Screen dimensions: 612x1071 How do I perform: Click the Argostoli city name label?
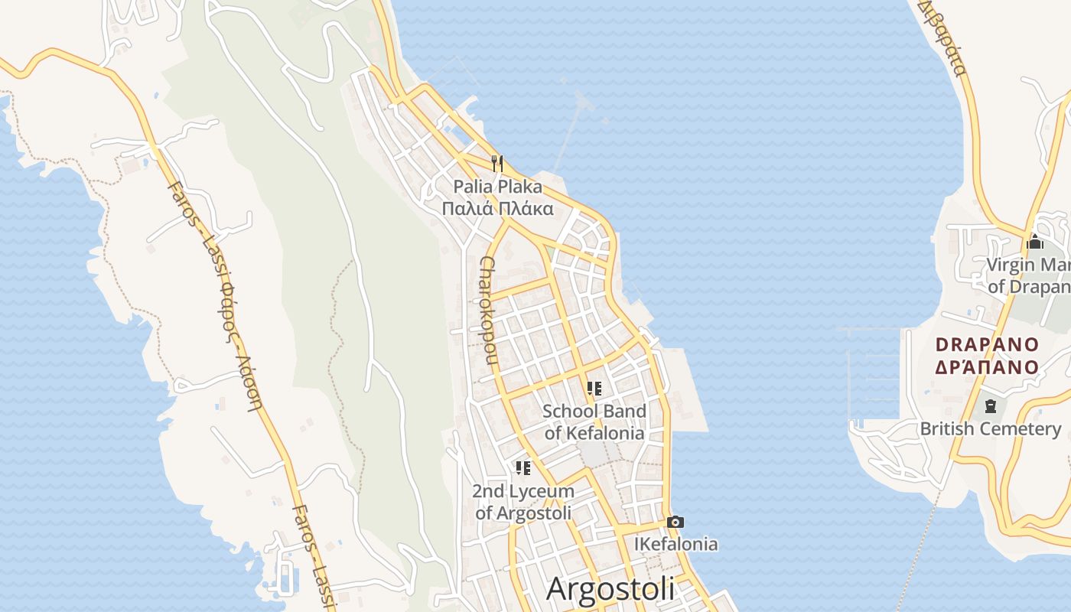point(610,588)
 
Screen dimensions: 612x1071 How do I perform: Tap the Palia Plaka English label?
point(497,187)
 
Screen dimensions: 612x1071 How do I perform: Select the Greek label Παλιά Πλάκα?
point(497,207)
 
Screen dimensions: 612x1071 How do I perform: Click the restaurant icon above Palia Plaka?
point(497,163)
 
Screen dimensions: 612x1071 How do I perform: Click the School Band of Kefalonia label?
point(594,422)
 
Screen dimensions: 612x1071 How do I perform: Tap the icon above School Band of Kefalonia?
point(594,389)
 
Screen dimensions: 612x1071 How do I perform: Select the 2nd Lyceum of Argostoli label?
point(523,502)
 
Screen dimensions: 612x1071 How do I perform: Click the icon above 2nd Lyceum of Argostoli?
point(523,467)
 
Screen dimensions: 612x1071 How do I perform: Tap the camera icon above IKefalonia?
point(675,522)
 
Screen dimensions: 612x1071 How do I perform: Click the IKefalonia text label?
point(676,544)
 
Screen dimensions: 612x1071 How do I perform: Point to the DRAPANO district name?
point(987,344)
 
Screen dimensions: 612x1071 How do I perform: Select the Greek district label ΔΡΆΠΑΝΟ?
point(987,366)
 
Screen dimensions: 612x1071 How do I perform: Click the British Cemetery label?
point(991,428)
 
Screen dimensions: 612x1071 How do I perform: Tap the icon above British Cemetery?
point(991,405)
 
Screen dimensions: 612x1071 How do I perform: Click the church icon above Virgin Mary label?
point(1035,243)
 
